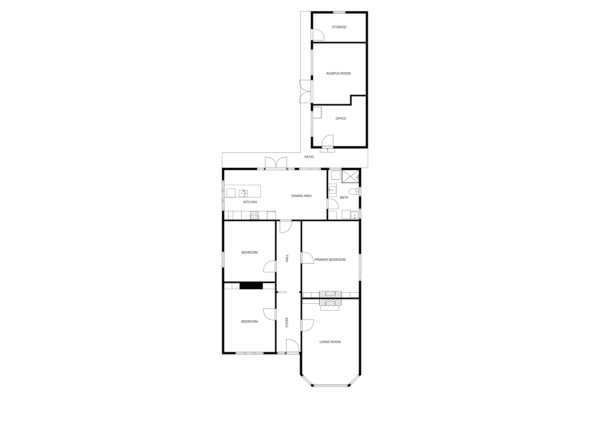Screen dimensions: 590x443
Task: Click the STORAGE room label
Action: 339,27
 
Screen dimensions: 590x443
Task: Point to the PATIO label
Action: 309,157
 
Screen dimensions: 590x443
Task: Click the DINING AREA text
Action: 301,196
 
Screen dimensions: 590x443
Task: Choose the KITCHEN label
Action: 250,202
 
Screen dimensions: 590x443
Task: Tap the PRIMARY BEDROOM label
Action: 330,260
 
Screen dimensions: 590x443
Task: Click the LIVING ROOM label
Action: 330,342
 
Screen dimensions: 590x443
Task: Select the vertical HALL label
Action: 287,258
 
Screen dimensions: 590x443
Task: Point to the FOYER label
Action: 287,322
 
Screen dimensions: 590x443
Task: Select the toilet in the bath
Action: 354,192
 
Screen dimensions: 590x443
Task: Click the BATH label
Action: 344,198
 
